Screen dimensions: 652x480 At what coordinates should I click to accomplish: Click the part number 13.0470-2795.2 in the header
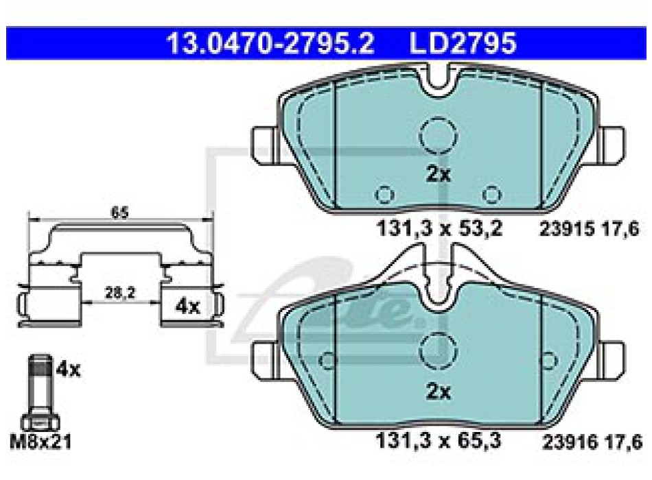pyautogui.click(x=270, y=43)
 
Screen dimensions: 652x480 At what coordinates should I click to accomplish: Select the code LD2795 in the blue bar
pyautogui.click(x=463, y=43)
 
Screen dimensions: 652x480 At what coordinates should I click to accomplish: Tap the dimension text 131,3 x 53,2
pyautogui.click(x=439, y=228)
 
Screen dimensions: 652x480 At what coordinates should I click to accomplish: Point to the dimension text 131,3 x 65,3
pyautogui.click(x=439, y=440)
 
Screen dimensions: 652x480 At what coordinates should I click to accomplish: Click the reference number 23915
pyautogui.click(x=565, y=228)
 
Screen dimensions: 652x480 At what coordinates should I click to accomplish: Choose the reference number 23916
pyautogui.click(x=568, y=442)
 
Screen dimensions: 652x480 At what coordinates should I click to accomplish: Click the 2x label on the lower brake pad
pyautogui.click(x=439, y=392)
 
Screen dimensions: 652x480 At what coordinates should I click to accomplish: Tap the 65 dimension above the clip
pyautogui.click(x=119, y=213)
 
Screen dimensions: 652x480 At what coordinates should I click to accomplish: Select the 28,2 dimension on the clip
pyautogui.click(x=120, y=293)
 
